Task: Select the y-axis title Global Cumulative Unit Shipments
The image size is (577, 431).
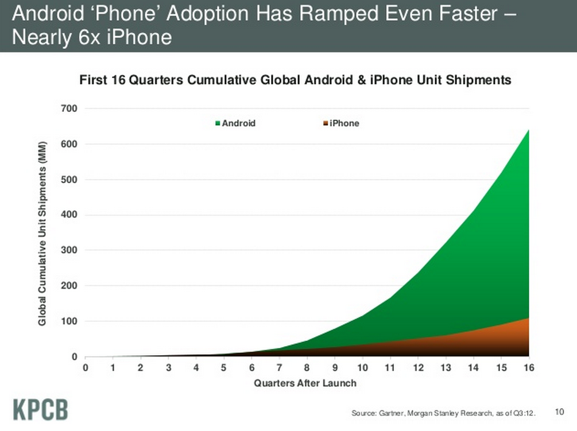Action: tap(42, 232)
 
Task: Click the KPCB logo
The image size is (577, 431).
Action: tap(40, 409)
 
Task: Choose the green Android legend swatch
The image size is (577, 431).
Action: tap(218, 123)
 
